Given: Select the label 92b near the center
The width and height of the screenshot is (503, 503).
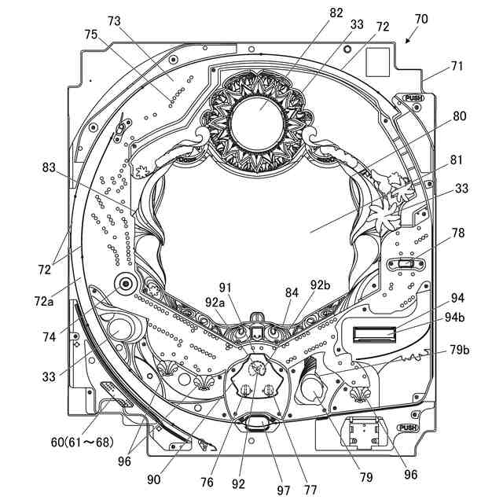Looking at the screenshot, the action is (320, 285).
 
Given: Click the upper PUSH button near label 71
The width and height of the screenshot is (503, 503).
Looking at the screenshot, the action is (413, 99).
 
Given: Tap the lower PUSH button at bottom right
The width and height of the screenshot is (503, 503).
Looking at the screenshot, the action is (408, 428).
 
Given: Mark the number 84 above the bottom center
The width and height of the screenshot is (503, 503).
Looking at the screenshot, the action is (292, 292).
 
